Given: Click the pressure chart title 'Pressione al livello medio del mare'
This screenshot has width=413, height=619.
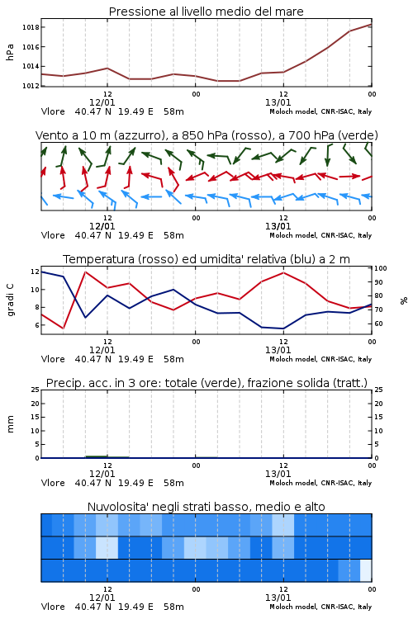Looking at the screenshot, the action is coord(206,12).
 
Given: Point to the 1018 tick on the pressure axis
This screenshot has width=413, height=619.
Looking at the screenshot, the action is coord(31,27).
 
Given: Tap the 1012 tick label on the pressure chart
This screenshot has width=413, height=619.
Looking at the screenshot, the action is coord(31,86).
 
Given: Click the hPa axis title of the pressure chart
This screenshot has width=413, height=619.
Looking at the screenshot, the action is coord(10,52).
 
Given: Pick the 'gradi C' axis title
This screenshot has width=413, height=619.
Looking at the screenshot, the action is coord(11,300).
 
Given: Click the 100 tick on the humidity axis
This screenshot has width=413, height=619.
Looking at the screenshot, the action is coord(381,268).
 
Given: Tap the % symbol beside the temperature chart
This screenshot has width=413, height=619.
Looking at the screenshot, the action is coord(404,300).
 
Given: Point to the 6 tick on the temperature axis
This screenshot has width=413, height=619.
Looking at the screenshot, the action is coord(36,325).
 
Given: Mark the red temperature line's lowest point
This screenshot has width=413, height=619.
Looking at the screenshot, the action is coord(64,328).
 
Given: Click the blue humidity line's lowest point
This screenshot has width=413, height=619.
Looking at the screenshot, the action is coord(283,328).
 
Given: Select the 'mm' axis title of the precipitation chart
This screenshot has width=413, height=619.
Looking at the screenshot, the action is coord(10,424).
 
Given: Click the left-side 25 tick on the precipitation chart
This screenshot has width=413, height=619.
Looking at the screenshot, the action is coord(36,390).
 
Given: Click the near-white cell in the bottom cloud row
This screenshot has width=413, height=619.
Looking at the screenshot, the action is coord(366,570).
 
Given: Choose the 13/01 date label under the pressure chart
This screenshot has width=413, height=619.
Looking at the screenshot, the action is coord(278,102).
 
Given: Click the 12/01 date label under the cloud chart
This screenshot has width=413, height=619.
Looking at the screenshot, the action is coord(102,598).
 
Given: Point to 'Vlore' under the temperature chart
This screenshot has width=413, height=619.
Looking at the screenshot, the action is coord(53,359).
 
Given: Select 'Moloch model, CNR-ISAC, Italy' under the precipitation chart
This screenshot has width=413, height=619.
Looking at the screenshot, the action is coord(320,483).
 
